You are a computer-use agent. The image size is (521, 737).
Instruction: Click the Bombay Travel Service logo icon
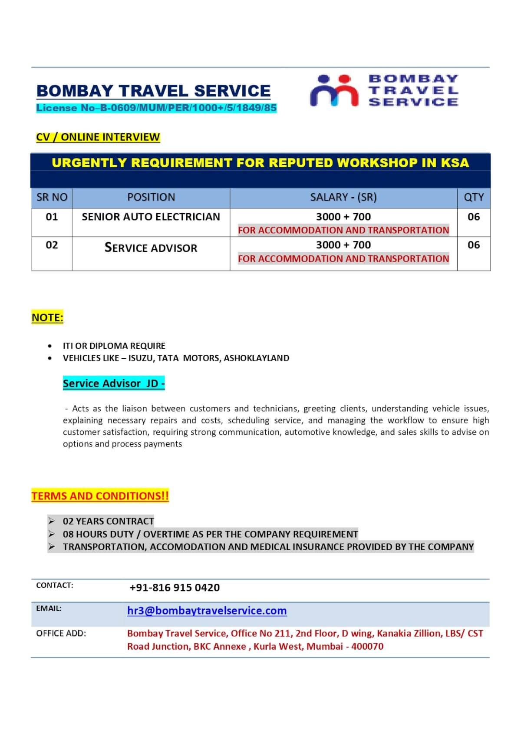pos(334,91)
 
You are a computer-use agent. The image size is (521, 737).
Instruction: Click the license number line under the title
pos(156,108)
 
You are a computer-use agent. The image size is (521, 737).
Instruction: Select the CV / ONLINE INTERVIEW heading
pos(98,137)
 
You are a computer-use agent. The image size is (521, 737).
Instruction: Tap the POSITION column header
pos(151,198)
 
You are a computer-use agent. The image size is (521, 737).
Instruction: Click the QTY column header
pos(474,198)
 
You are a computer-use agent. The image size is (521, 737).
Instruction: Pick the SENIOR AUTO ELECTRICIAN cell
pos(151,217)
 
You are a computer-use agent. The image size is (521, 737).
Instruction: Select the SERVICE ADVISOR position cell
pos(151,248)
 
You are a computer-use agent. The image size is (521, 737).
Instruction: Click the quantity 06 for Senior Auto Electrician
pos(474,217)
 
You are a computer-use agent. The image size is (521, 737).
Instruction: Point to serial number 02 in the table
pos(52,245)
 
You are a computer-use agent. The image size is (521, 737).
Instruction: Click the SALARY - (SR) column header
pos(343,198)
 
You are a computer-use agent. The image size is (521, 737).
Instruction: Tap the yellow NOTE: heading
pos(47,318)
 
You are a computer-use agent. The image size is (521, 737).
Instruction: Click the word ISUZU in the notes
pos(141,358)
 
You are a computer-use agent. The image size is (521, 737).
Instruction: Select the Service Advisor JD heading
pos(114,383)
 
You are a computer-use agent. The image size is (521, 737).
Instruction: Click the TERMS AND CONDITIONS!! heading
pos(100,496)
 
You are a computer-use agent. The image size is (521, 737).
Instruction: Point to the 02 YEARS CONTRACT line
pos(109,521)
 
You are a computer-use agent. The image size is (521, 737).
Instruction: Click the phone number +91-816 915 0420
pos(175,588)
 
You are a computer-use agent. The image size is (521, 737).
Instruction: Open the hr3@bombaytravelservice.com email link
pos(207,611)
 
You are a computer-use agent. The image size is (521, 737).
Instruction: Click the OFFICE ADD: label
pos(61,634)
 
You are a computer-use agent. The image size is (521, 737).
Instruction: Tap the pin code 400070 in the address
pos(367,647)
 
